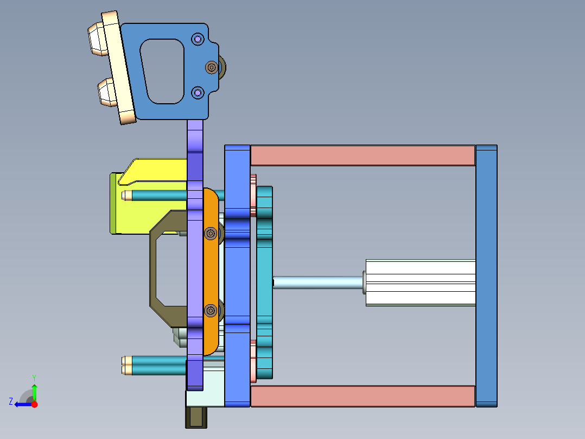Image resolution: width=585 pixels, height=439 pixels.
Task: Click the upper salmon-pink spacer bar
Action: click(362, 155)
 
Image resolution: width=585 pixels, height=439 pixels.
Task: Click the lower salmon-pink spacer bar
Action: click(362, 396)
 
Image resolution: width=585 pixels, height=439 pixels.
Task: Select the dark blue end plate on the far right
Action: click(486, 275)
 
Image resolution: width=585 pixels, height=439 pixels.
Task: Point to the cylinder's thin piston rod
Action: click(317, 282)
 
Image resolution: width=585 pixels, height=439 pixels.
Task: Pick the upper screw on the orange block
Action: click(211, 233)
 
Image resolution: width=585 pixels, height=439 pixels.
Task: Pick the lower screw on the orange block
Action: click(211, 311)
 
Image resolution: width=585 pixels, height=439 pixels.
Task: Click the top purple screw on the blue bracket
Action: click(198, 39)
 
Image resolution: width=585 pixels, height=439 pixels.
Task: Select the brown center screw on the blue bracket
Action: click(211, 67)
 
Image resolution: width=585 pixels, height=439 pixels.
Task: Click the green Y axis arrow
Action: click(34, 390)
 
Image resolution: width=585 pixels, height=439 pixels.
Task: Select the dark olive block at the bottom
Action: click(196, 417)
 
